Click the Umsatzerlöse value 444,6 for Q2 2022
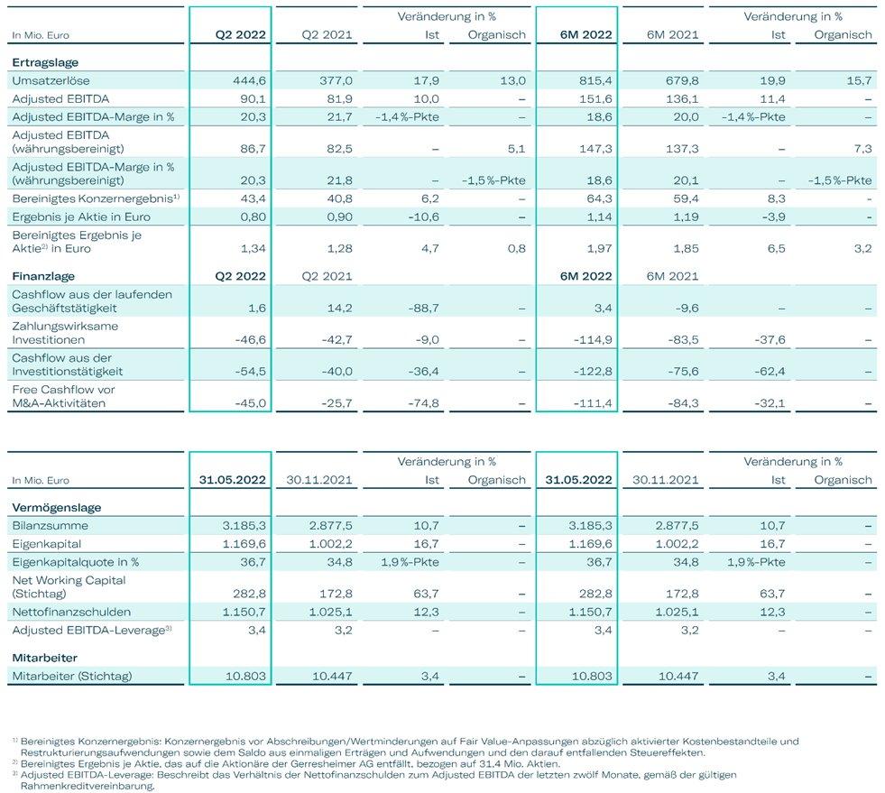point(249,80)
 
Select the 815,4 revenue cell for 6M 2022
point(595,80)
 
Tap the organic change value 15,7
point(859,80)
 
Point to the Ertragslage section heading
point(45,62)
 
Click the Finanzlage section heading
point(43,277)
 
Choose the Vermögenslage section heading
point(57,507)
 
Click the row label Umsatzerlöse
point(51,80)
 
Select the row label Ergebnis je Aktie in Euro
point(81,217)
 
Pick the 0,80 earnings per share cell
point(253,217)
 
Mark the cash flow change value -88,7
point(423,309)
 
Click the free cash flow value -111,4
point(593,403)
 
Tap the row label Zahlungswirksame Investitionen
point(65,333)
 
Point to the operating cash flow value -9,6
point(686,309)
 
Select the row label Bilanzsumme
point(51,525)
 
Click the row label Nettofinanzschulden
point(71,612)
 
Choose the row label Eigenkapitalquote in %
point(76,562)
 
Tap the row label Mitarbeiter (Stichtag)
point(71,676)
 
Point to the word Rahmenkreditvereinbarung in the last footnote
point(88,786)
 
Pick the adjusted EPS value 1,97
point(599,249)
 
